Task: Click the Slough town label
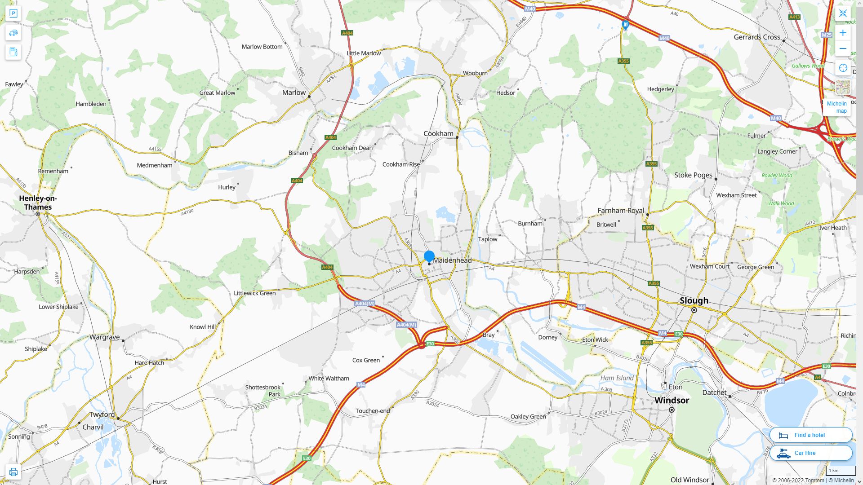coord(694,300)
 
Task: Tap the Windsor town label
coord(672,400)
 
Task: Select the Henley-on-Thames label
coord(38,203)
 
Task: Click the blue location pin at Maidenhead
coord(429,256)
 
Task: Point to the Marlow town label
coord(294,93)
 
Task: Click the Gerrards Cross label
coord(757,37)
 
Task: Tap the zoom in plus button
coord(843,33)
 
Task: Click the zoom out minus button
coord(843,48)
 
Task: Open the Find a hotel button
coord(810,435)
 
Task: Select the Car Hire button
coord(810,453)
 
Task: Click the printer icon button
coord(13,472)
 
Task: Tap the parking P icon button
coord(13,13)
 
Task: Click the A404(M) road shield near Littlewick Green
coord(365,304)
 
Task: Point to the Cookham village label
coord(438,133)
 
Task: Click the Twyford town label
coord(102,414)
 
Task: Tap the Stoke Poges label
coord(693,175)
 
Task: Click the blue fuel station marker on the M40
coord(625,24)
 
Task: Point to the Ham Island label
coord(617,378)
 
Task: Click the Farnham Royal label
coord(621,211)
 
